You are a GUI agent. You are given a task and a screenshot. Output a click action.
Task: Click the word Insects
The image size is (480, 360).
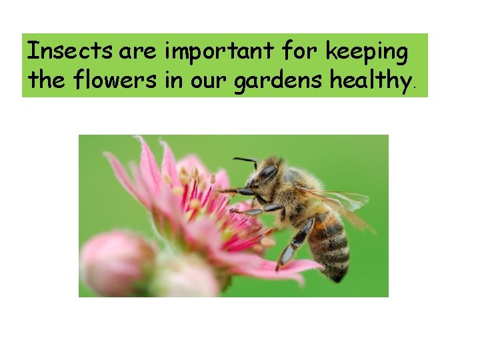(64, 51)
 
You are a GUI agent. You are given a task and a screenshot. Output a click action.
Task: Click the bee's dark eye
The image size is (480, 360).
(267, 172)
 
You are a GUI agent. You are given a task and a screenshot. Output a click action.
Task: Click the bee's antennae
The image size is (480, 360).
(245, 161)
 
